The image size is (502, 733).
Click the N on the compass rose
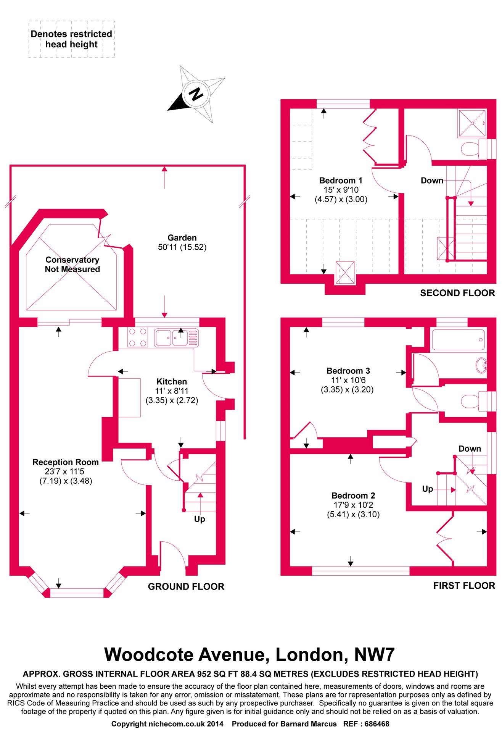[196, 94]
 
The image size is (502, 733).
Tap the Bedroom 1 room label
[341, 181]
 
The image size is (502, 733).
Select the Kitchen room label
[172, 382]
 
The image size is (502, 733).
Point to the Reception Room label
[66, 462]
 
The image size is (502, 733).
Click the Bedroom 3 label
[348, 371]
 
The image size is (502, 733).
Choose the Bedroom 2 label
[353, 496]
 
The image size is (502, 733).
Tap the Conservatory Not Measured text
[72, 265]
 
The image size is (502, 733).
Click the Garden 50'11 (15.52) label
[182, 242]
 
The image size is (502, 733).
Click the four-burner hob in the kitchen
[138, 337]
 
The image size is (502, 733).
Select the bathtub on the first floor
[458, 339]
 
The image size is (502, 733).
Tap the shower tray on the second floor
[472, 123]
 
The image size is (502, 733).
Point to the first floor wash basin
[481, 365]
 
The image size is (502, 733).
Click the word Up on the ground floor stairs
[200, 519]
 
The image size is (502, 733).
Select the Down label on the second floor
[432, 181]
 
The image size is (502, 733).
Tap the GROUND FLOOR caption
[186, 587]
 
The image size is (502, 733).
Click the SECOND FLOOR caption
[457, 293]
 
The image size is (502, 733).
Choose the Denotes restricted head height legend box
[71, 39]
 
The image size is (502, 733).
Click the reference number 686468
[377, 724]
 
